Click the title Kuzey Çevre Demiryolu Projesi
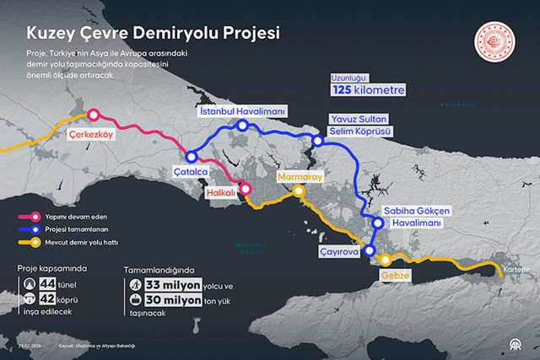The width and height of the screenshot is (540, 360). click(x=153, y=33)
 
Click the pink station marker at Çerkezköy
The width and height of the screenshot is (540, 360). click(x=94, y=116)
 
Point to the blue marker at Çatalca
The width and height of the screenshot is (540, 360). click(x=192, y=156)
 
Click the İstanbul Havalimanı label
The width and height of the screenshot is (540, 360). click(x=243, y=110)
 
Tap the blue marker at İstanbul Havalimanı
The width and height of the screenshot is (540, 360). click(x=242, y=126)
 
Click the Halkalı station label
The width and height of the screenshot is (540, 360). click(x=222, y=192)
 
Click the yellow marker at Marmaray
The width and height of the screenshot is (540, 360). click(x=299, y=191)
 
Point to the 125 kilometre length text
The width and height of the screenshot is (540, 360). click(x=368, y=89)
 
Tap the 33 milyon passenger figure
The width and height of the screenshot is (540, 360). click(x=171, y=284)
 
